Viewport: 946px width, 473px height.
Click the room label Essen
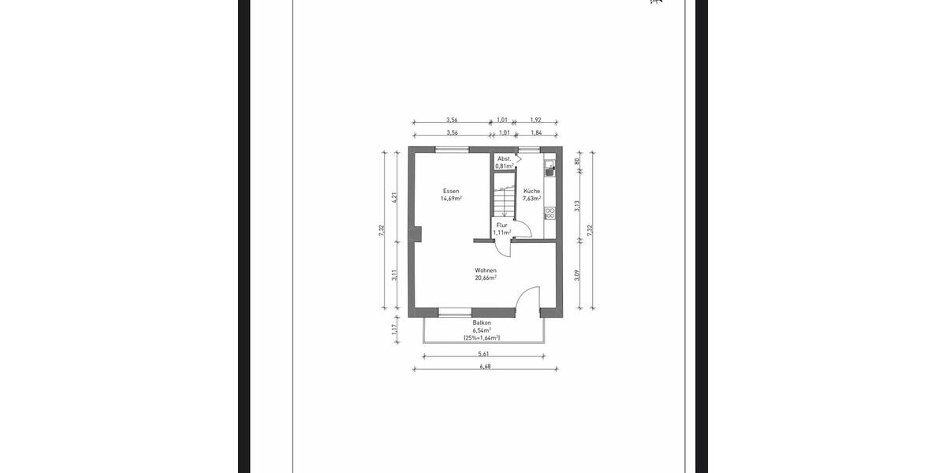(451, 192)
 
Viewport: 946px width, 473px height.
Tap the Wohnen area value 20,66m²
(485, 277)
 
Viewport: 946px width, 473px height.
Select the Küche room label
(531, 192)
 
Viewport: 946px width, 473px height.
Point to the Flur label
(502, 225)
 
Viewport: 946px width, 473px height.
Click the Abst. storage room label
(504, 159)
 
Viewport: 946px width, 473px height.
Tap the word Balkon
(482, 323)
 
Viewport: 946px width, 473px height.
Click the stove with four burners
(549, 213)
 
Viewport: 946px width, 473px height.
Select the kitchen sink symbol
(549, 166)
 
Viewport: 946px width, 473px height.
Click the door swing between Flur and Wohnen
(501, 248)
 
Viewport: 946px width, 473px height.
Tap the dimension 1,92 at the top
(536, 120)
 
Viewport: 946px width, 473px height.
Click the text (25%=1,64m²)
(482, 338)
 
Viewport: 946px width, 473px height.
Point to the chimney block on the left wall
(415, 234)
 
